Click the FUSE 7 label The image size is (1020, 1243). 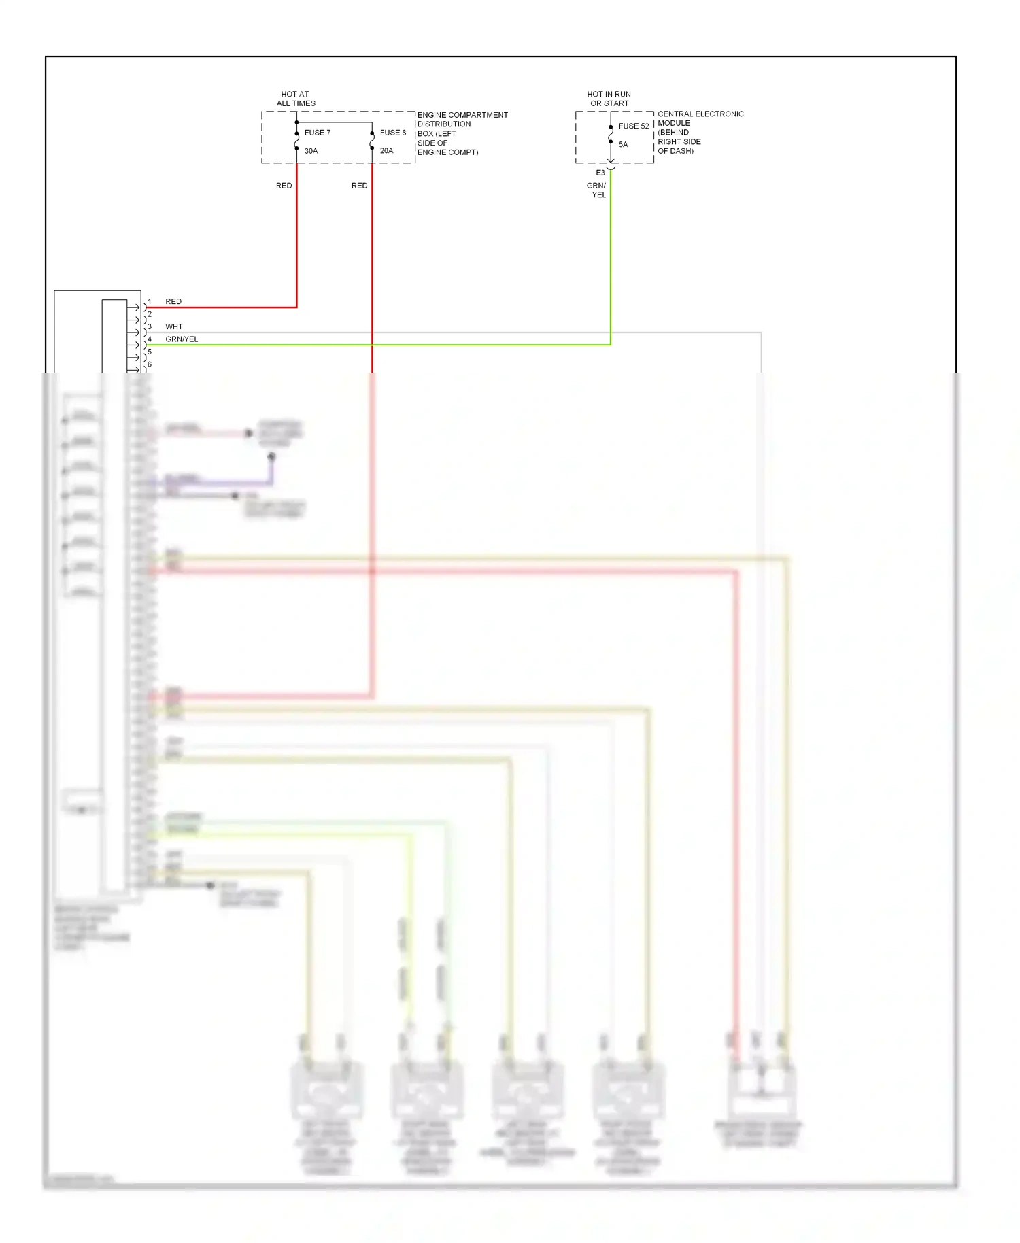click(x=317, y=133)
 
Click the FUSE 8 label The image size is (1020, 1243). click(x=392, y=133)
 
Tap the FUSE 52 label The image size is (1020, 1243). click(x=633, y=126)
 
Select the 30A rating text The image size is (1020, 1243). click(x=311, y=151)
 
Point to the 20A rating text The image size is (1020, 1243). click(x=386, y=151)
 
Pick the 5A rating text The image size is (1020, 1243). click(x=623, y=144)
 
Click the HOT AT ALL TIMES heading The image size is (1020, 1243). click(x=295, y=99)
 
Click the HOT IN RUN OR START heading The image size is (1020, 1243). click(x=609, y=99)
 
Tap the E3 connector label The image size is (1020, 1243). click(x=600, y=173)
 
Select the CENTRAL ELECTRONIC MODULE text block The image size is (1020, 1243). click(x=700, y=132)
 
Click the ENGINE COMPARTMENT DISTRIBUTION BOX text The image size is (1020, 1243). click(x=462, y=133)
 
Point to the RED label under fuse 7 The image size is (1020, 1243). click(x=284, y=186)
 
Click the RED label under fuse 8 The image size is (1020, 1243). click(x=359, y=186)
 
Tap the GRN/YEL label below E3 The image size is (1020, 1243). click(x=596, y=190)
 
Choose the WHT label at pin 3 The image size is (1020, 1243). click(x=173, y=326)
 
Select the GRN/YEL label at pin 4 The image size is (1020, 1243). click(x=182, y=339)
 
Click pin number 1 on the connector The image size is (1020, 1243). click(x=150, y=301)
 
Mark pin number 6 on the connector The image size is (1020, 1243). click(x=150, y=364)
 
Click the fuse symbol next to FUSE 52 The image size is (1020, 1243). click(x=611, y=135)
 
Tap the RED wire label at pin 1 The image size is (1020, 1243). click(x=173, y=301)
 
